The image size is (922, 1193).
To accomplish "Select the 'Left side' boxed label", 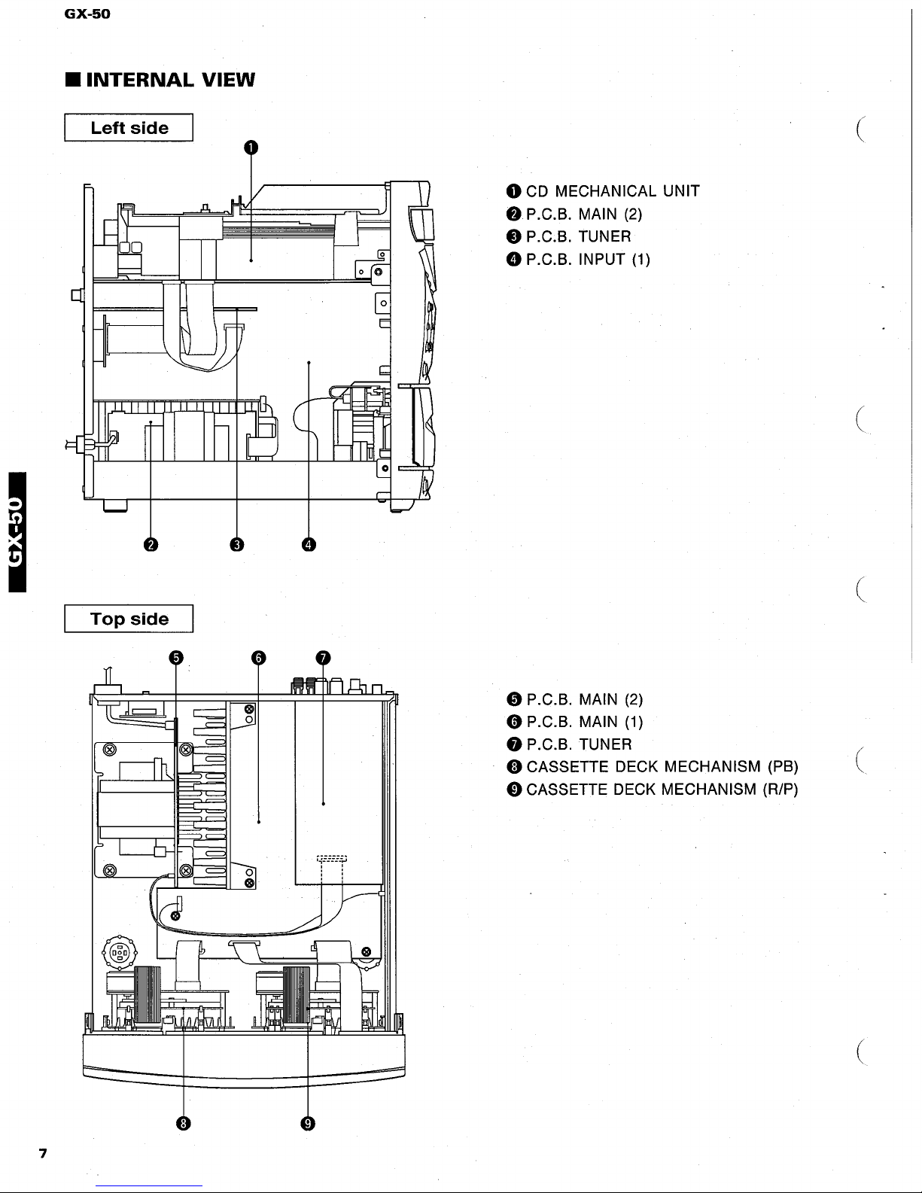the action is coord(129,128).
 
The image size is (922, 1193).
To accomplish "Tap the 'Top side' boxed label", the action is coord(129,619).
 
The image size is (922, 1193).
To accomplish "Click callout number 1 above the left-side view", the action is coord(251,147).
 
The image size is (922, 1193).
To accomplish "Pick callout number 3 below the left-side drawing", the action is coord(236,545).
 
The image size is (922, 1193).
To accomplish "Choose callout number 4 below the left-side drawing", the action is coord(309,545).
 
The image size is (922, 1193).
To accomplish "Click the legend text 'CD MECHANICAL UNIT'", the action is coord(613,191).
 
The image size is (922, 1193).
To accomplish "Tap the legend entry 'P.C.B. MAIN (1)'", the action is coord(584,722).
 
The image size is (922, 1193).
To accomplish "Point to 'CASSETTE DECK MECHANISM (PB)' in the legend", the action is coord(662,767).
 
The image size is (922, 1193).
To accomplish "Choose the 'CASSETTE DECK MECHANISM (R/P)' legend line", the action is coord(662,790).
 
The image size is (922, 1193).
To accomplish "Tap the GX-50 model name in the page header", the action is coord(87,13).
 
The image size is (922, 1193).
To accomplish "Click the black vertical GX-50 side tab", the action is coord(13,530).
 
